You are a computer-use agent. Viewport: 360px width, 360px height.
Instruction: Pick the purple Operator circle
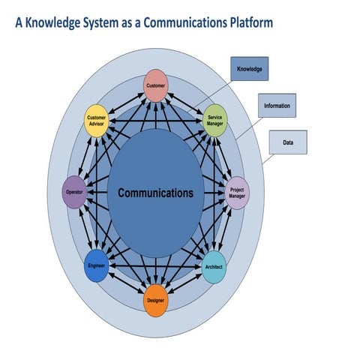point(74,191)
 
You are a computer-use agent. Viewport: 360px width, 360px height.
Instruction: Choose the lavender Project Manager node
point(237,193)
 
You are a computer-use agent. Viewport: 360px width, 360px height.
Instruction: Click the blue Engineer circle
point(97,267)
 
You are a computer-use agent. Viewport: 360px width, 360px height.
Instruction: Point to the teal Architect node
point(214,267)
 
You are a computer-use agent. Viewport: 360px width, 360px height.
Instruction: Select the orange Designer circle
point(154,300)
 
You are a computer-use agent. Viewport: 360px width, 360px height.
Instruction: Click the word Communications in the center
point(155,193)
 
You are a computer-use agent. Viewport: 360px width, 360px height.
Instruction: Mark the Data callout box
point(288,141)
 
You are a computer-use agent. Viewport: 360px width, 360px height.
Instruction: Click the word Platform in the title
point(247,23)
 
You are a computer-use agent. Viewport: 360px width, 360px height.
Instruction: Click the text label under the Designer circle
point(155,301)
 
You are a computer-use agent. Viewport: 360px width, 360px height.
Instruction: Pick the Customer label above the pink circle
point(155,85)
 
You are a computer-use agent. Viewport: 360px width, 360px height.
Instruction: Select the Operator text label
point(74,192)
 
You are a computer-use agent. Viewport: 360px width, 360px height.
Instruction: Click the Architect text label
point(214,267)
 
